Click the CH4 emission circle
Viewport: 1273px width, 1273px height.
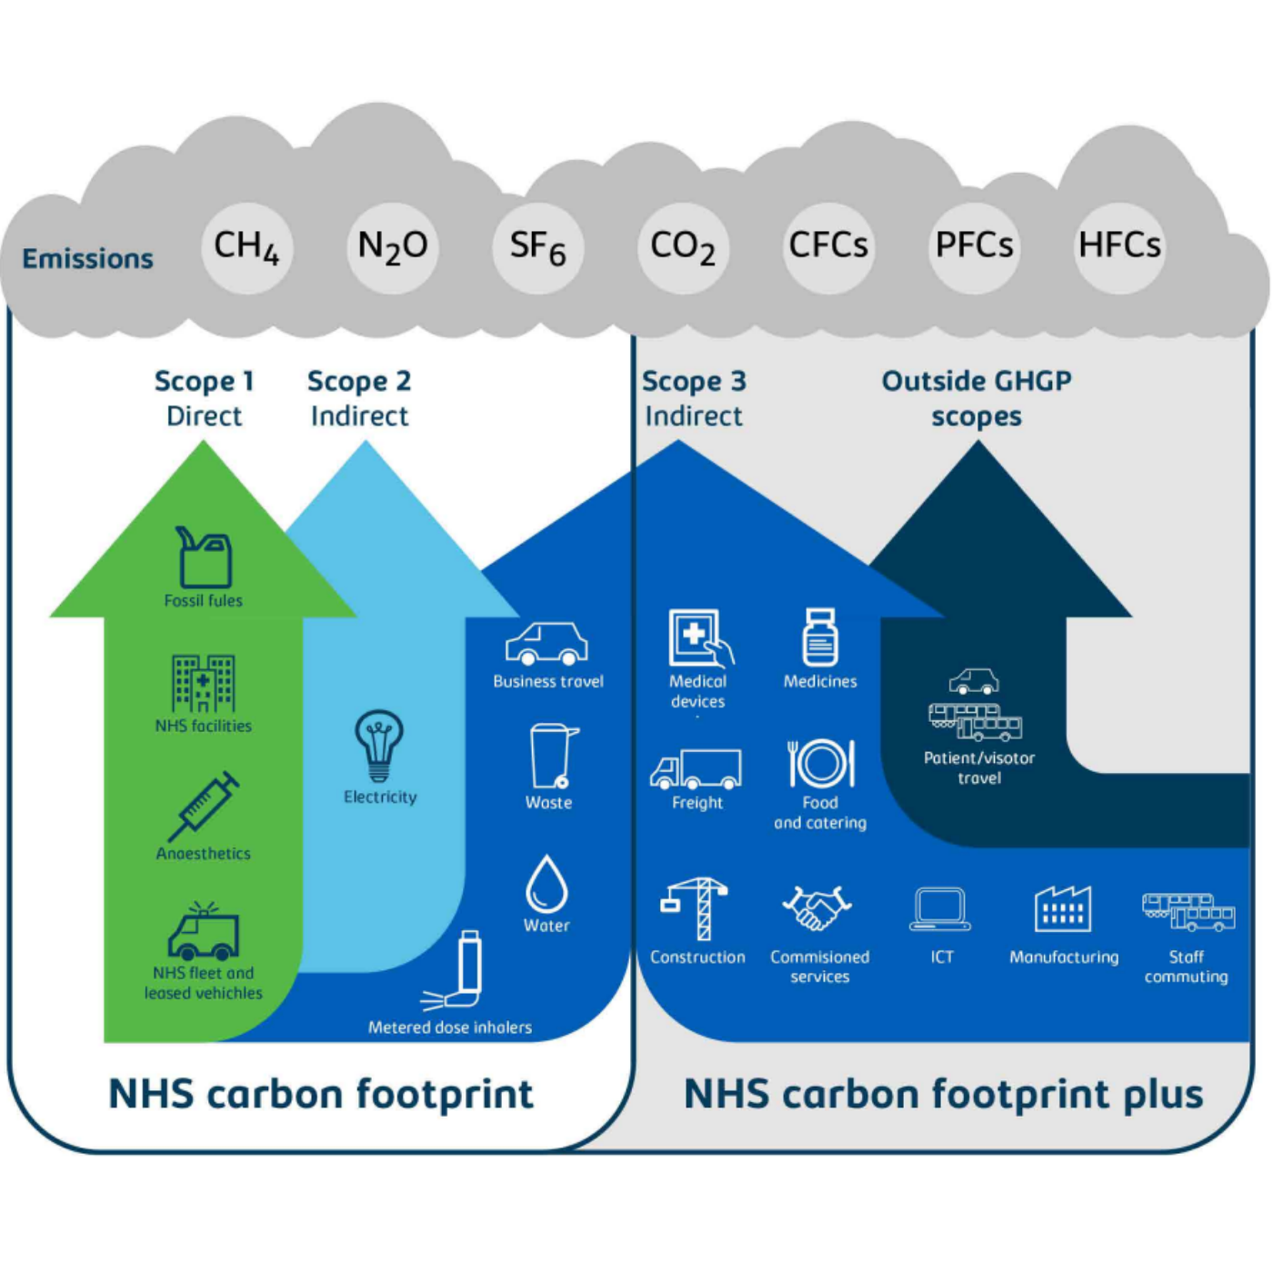click(246, 247)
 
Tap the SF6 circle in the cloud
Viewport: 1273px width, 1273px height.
click(537, 247)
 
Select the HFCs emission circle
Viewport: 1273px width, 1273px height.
click(1119, 247)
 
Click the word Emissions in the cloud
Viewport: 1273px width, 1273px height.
click(87, 259)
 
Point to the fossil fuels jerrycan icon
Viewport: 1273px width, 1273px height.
click(204, 556)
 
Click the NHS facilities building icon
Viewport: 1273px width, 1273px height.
click(204, 683)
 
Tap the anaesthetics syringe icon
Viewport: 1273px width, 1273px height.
click(204, 807)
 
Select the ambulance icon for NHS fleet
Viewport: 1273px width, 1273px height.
click(204, 932)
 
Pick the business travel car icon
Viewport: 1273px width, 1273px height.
click(546, 644)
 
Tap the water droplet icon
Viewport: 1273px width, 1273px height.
click(546, 884)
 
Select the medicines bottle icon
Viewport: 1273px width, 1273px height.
click(820, 637)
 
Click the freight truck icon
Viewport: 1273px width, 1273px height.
click(696, 769)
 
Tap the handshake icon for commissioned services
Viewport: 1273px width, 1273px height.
click(817, 908)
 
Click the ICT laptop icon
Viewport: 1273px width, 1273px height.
click(940, 909)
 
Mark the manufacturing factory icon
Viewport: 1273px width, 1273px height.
click(1062, 908)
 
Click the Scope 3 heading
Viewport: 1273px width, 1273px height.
click(694, 381)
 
